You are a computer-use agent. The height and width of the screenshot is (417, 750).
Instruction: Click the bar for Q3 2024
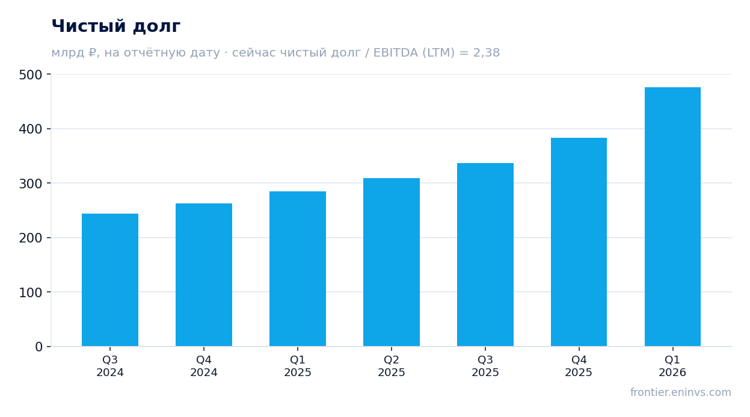coord(110,280)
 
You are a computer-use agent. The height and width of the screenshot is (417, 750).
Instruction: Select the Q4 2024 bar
coord(203,274)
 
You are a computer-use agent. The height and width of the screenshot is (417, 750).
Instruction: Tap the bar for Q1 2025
coord(297,268)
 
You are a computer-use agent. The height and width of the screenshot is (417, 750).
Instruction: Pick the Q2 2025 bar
coord(391,262)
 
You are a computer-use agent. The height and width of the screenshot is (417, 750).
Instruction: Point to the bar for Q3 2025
coord(485,255)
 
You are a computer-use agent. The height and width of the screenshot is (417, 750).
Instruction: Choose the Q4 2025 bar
coord(579,242)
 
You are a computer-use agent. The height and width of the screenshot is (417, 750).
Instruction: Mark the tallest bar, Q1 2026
coord(672,217)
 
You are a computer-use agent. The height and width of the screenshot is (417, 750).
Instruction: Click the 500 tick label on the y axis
coord(31,75)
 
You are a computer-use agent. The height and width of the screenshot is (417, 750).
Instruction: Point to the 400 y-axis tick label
coord(31,129)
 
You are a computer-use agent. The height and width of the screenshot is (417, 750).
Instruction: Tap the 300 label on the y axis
coord(31,184)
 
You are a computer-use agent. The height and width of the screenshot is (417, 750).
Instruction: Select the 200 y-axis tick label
coord(31,238)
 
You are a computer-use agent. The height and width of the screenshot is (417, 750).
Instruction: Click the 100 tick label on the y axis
coord(31,292)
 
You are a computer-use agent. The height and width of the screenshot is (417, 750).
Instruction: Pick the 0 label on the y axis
coord(38,347)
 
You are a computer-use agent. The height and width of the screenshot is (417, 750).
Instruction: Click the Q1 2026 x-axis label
coord(672,366)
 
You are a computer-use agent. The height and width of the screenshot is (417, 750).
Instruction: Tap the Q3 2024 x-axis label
coord(110,366)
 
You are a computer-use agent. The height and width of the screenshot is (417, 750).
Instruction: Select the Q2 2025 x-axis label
coord(391,366)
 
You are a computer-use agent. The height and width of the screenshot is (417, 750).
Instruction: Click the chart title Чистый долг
coord(116,26)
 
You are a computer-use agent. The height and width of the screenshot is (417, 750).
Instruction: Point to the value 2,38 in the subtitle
coord(486,52)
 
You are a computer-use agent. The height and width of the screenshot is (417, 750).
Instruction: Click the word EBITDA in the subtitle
coord(395,52)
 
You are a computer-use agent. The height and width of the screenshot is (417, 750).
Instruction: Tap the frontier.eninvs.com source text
coord(681,392)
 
